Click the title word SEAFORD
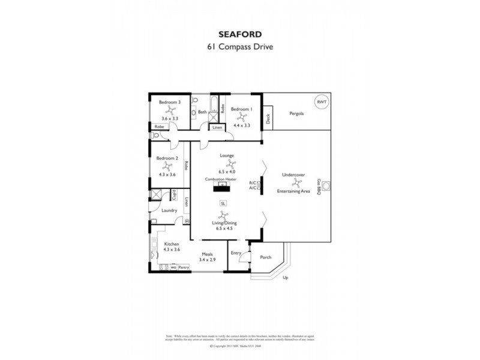coord(240,35)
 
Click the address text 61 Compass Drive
coord(240,47)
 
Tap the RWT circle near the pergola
coord(322,101)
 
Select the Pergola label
coord(296,113)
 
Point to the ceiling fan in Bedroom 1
coord(242,118)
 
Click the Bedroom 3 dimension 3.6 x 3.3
coord(170,119)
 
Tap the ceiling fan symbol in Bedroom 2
coord(167,166)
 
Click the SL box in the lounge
coord(223,203)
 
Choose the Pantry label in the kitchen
coord(184,267)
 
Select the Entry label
coord(236,253)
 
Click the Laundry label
coord(169,210)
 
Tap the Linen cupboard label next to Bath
coord(217,128)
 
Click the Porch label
coord(265,257)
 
